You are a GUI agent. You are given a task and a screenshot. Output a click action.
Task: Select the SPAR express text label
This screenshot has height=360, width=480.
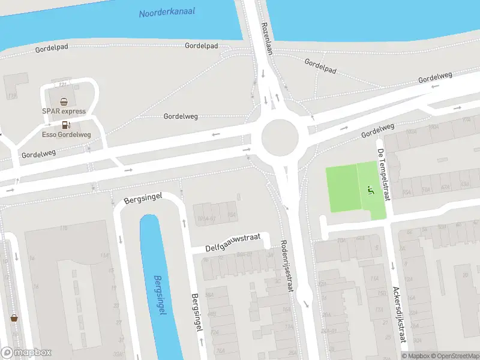(x=64, y=111)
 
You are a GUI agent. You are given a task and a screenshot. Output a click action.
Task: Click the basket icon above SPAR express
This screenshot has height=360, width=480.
(x=64, y=101)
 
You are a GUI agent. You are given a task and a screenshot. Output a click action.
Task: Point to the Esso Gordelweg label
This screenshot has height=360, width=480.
(x=66, y=134)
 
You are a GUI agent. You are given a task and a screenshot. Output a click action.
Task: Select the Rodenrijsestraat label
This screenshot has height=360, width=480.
(x=287, y=267)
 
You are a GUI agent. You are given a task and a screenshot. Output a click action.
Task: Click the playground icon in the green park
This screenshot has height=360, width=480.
(x=370, y=191)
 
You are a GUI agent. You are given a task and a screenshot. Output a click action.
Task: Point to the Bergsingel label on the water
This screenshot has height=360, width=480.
(x=158, y=292)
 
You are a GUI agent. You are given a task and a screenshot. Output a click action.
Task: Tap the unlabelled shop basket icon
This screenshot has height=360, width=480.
(x=13, y=317)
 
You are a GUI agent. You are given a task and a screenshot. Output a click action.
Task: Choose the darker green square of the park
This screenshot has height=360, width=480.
(x=341, y=188)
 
